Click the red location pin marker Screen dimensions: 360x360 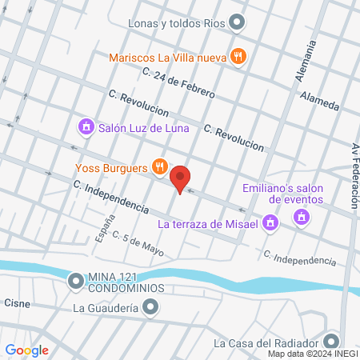[x=182, y=179]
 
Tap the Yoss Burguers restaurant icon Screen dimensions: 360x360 [x=160, y=167]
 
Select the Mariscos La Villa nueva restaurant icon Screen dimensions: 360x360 [x=237, y=56]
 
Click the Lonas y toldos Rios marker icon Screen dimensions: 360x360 [x=237, y=22]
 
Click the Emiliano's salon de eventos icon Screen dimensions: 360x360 [x=302, y=215]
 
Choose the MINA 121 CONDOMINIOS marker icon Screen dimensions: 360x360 [x=76, y=280]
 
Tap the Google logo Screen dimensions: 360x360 [x=27, y=350]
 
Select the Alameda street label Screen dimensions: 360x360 [x=320, y=101]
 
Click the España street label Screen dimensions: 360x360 [x=101, y=230]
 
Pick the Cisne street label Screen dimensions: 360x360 [x=17, y=303]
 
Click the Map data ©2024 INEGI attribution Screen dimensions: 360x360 [x=312, y=354]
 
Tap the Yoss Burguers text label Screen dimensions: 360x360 [x=112, y=168]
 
